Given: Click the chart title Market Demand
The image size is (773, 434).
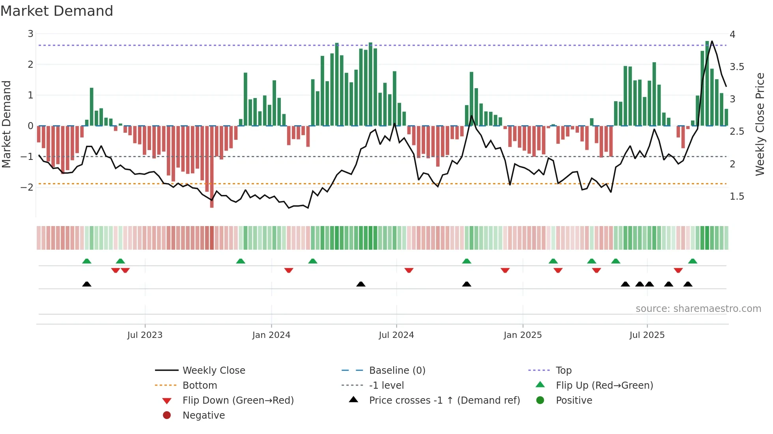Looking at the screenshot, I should point(57,11).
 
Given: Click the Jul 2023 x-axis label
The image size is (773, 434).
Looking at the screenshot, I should point(145,335).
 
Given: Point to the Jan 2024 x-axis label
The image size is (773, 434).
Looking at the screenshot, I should point(271,335).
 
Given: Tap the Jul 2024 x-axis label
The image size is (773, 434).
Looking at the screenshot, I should point(396,335).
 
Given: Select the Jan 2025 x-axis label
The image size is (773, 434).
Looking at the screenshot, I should point(523,335).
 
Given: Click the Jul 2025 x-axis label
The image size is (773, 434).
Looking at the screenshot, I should point(647,335).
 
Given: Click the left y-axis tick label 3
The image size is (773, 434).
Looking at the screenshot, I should point(30,34).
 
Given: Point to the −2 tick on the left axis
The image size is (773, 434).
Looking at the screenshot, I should point(27,187).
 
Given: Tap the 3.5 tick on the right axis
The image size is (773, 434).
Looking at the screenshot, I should point(737,67).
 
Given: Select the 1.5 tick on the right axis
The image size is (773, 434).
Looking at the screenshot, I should point(737,197).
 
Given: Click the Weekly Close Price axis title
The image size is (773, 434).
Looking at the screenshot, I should point(760,124).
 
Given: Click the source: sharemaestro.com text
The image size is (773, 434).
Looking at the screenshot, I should point(698,309).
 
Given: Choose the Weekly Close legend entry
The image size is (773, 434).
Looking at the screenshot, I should point(214,371).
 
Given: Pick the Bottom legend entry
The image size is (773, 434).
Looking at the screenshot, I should point(200,386).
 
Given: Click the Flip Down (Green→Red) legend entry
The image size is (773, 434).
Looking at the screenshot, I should point(238,401).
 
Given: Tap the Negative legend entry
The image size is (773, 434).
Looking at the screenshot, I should point(204,415).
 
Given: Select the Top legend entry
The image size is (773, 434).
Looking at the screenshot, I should point(564,371).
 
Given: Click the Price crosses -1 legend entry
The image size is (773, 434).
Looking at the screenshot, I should point(444,401).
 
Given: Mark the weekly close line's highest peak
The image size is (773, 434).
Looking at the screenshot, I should point(712,41).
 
